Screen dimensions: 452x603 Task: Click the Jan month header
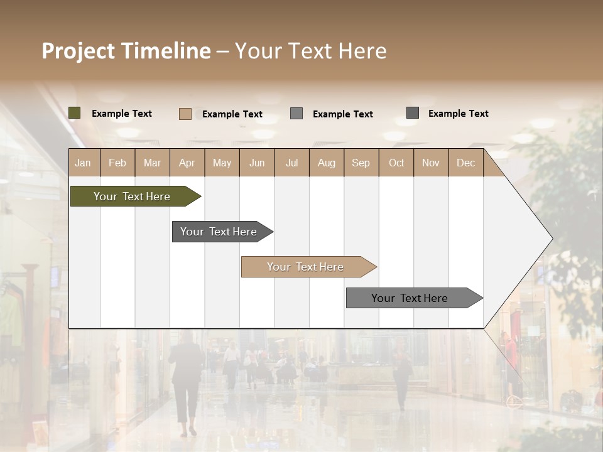point(84,163)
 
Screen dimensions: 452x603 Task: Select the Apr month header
point(187,163)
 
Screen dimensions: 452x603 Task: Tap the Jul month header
point(291,163)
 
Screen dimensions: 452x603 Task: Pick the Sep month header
point(361,163)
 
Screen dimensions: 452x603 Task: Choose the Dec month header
point(465,163)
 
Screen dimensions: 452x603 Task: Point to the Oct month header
point(396,163)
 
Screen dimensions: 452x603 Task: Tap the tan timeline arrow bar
point(306,267)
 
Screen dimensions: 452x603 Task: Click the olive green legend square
point(74,113)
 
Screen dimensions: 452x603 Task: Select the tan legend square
point(185,114)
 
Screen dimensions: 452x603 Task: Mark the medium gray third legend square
point(296,114)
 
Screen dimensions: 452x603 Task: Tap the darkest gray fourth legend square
point(412,113)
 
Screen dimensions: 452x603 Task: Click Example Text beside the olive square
point(122,114)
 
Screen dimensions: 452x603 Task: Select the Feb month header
point(117,163)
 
